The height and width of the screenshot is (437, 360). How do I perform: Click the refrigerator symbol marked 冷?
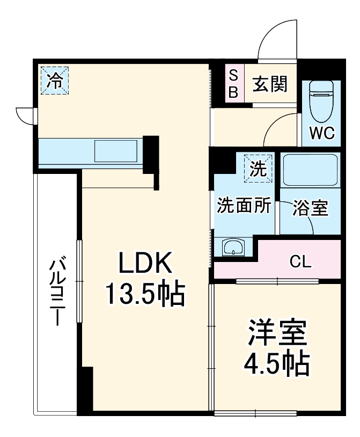tap(54, 81)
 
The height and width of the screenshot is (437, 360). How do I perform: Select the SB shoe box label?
tap(233, 83)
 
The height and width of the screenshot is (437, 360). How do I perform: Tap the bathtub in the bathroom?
tap(310, 170)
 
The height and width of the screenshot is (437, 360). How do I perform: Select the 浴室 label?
tap(310, 208)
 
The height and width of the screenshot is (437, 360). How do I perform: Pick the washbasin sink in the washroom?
tap(233, 248)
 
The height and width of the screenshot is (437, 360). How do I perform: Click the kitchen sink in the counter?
tap(115, 151)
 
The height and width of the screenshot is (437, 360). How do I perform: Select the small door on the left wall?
tap(26, 114)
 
